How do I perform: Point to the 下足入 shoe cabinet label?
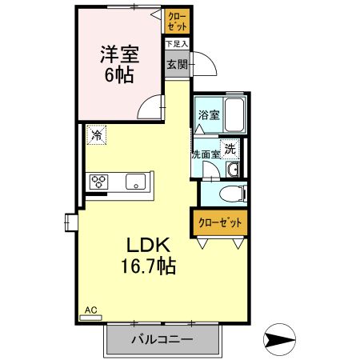click(x=177, y=44)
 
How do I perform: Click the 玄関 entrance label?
click(x=177, y=65)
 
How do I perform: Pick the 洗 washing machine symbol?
click(x=230, y=147)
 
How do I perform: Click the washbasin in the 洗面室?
click(x=232, y=170)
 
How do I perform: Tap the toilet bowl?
click(x=230, y=193)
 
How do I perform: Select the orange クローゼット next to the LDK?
click(x=218, y=222)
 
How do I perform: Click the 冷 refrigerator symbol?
click(x=97, y=135)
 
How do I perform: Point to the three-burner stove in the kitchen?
click(x=99, y=181)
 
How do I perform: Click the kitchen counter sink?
click(x=135, y=181)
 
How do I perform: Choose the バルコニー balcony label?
click(x=162, y=339)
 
